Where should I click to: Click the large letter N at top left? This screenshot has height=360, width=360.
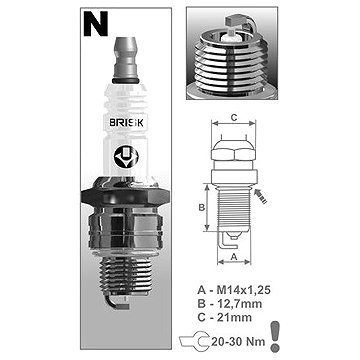coord(96,23)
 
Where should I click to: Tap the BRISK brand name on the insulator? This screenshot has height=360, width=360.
coord(127,123)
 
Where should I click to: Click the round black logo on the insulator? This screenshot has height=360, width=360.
coord(126,157)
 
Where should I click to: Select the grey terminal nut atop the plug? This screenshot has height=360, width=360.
coord(126,61)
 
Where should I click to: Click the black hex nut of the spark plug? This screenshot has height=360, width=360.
coord(126,197)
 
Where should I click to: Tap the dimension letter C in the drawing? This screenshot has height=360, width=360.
coord(234,117)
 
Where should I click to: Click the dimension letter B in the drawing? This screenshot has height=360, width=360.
coord(201,207)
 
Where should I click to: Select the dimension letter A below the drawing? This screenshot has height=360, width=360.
coord(234,256)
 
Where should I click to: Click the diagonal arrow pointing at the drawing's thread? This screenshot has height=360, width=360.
coord(261,196)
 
